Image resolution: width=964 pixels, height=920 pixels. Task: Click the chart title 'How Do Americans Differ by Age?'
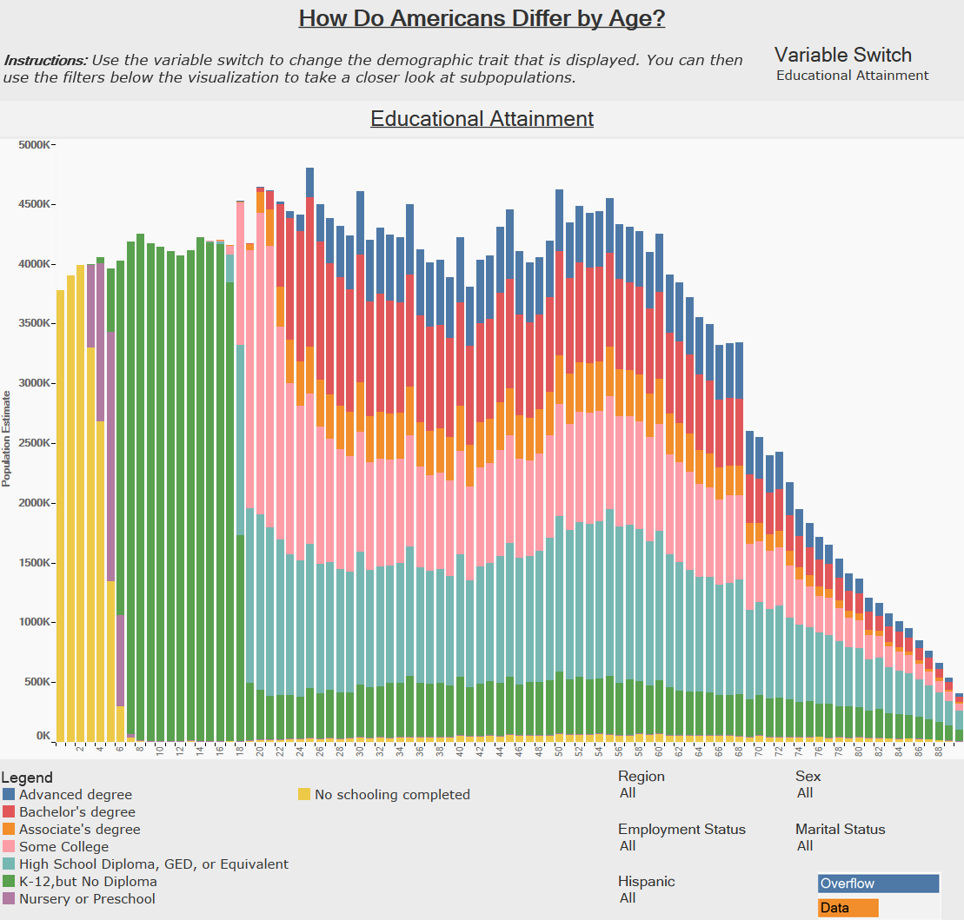[482, 18]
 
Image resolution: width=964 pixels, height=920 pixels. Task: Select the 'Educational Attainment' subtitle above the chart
[482, 118]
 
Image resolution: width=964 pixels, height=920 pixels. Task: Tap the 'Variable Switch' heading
[842, 56]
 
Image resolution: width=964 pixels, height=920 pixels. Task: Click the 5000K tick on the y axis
[36, 144]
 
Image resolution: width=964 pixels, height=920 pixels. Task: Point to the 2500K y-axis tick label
[36, 443]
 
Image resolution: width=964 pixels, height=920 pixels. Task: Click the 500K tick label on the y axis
[38, 682]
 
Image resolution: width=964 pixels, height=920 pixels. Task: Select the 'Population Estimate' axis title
[7, 439]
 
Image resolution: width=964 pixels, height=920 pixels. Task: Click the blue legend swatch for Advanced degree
[9, 794]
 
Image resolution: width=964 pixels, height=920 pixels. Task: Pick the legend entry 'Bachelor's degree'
[77, 812]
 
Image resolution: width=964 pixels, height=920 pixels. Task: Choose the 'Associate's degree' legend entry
[79, 830]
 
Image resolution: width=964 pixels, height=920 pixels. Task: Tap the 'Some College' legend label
[63, 847]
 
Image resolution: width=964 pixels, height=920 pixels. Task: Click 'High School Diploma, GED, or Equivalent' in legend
[153, 864]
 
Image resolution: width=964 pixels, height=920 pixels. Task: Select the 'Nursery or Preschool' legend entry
[87, 899]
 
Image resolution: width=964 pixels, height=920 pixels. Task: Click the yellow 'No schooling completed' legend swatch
[304, 794]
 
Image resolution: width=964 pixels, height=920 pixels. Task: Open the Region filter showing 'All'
[628, 793]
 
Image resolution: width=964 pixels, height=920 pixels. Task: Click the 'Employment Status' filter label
[681, 829]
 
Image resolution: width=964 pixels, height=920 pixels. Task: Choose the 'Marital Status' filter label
[840, 829]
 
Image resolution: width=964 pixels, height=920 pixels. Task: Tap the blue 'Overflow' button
[878, 884]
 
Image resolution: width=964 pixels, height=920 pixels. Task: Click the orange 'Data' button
[848, 908]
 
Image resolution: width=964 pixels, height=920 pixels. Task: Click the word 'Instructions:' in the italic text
[45, 61]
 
